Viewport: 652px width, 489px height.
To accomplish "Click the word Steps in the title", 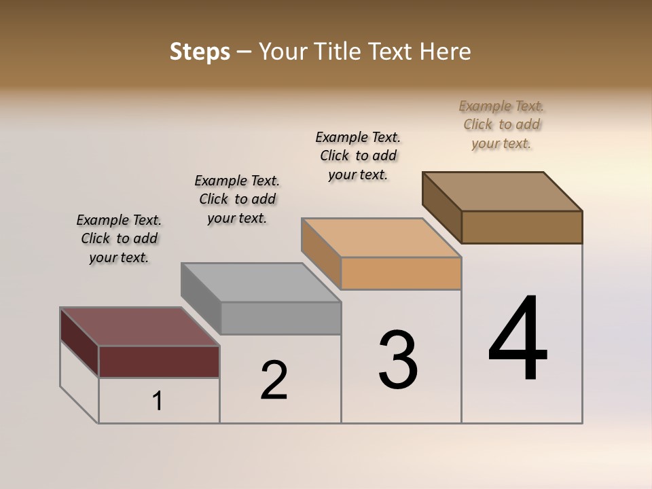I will [x=200, y=52].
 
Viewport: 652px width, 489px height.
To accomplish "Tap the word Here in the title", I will [x=446, y=52].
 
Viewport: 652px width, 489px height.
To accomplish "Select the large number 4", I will [x=518, y=340].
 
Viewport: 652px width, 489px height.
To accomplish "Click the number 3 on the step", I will [x=398, y=360].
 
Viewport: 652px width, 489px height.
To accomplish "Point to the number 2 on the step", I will [x=274, y=380].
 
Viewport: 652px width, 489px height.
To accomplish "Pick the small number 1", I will [x=158, y=401].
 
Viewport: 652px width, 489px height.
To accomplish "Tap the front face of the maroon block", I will [x=159, y=361].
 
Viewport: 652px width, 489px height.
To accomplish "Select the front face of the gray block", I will [x=280, y=318].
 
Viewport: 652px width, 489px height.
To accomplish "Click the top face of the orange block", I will [x=380, y=238].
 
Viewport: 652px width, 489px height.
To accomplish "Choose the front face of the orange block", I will [x=401, y=273].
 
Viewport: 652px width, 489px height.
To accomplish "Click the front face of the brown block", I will [x=522, y=227].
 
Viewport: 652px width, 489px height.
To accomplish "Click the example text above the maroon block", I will [x=119, y=238].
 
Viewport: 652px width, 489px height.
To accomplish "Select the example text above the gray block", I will [x=237, y=199].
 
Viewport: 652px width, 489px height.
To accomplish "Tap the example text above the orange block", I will [x=358, y=156].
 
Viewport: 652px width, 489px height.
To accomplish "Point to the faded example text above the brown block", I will [x=501, y=124].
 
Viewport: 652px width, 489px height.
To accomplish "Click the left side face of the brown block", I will [x=441, y=207].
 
